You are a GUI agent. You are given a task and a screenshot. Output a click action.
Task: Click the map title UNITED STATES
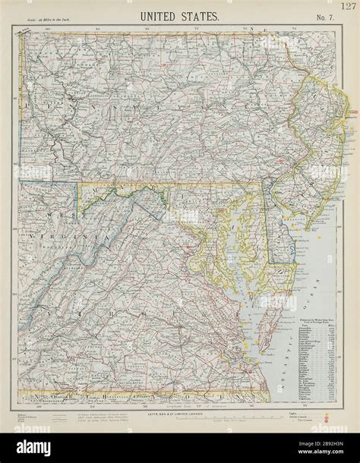coord(180,14)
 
